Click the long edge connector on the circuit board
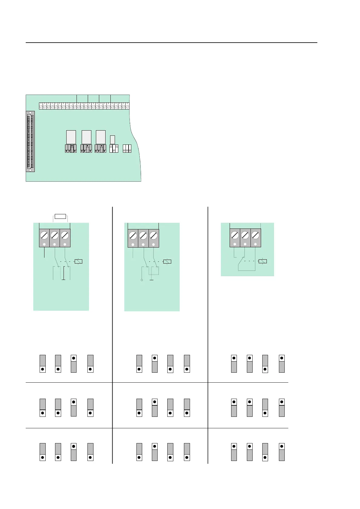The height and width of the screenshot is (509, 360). coord(30,141)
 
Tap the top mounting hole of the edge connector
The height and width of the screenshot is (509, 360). coord(30,113)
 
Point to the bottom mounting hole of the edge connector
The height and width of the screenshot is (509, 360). coord(30,170)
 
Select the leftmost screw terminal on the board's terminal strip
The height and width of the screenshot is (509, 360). coord(41,106)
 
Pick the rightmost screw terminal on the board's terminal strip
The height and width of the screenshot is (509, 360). coord(127,106)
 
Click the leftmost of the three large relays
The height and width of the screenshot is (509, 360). coord(71,137)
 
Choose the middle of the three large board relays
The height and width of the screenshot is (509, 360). coord(87,137)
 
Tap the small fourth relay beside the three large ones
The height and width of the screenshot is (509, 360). coord(113,140)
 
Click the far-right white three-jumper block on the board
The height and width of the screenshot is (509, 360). coord(127,148)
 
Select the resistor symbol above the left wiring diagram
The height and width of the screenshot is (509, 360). coord(60,216)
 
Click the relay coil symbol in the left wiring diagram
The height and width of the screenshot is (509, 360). coord(78,261)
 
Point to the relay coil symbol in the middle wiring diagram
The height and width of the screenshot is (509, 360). coord(167,261)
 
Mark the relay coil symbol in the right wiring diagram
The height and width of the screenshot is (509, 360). coord(263,261)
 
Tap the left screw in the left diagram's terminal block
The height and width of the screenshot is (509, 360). coord(44,235)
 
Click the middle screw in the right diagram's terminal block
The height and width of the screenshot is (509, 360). coord(245,235)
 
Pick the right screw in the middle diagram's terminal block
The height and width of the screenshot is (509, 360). coord(154,235)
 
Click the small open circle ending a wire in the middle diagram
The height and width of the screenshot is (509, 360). coord(142,280)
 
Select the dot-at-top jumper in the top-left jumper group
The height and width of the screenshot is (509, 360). coord(74,364)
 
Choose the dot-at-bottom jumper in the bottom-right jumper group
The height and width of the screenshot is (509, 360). coord(265,452)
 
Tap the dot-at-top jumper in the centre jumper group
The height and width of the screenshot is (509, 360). coord(155,407)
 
